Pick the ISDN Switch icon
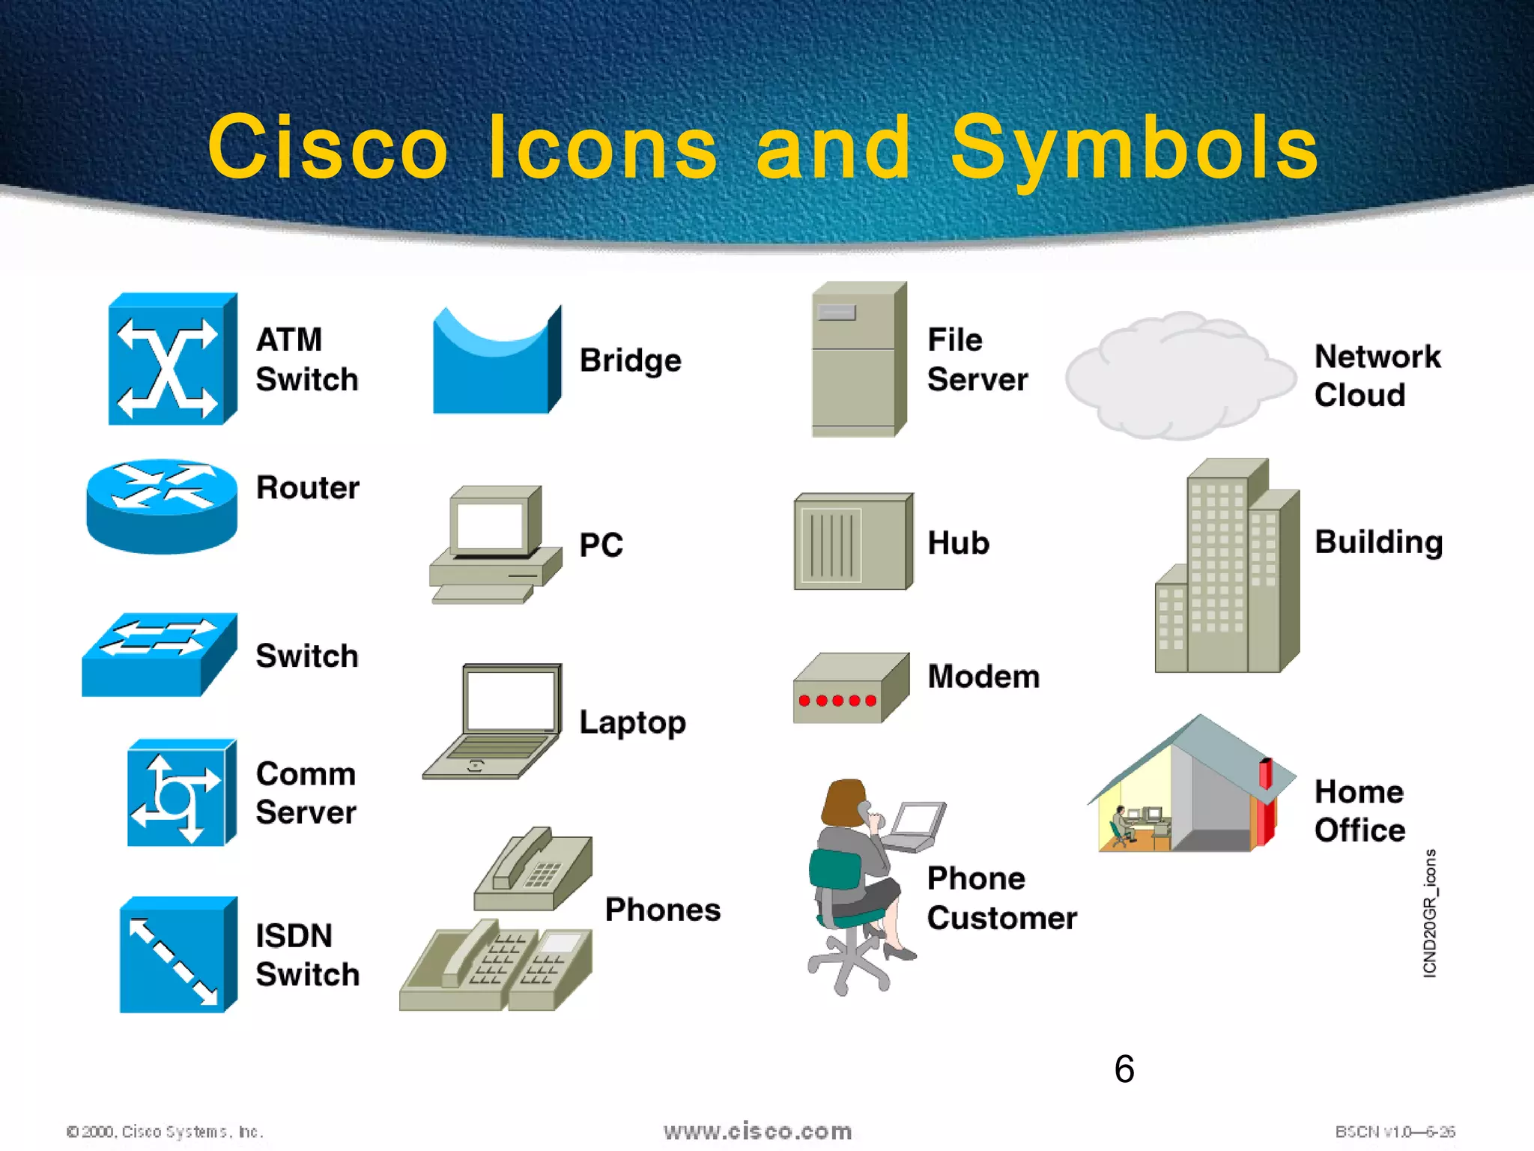coord(177,955)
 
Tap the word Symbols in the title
coord(1134,148)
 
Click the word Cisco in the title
coord(327,148)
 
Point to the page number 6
coord(1124,1069)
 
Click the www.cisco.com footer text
coord(757,1131)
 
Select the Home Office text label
coord(1359,811)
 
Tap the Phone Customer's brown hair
coord(843,802)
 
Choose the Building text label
coord(1378,542)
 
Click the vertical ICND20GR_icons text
coord(1429,913)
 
